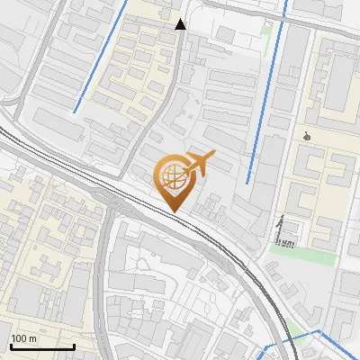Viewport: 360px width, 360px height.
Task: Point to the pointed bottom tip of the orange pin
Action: (x=174, y=211)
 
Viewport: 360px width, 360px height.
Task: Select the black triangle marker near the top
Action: (x=181, y=24)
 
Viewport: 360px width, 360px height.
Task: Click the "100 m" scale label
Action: (x=23, y=338)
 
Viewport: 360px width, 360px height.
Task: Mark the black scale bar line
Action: (x=42, y=346)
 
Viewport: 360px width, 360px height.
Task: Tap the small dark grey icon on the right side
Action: (x=309, y=137)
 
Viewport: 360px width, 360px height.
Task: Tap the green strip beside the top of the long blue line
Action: (x=266, y=31)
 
